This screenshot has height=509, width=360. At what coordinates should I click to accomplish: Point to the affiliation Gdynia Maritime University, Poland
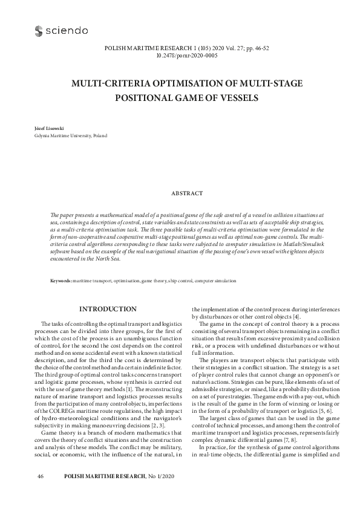click(x=62, y=137)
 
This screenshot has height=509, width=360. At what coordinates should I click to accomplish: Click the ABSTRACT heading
click(x=180, y=193)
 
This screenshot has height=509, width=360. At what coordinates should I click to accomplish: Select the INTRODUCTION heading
click(x=108, y=309)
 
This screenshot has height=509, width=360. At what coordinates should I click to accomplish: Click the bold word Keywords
click(x=61, y=281)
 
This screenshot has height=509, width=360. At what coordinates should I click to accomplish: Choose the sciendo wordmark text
click(x=64, y=30)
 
